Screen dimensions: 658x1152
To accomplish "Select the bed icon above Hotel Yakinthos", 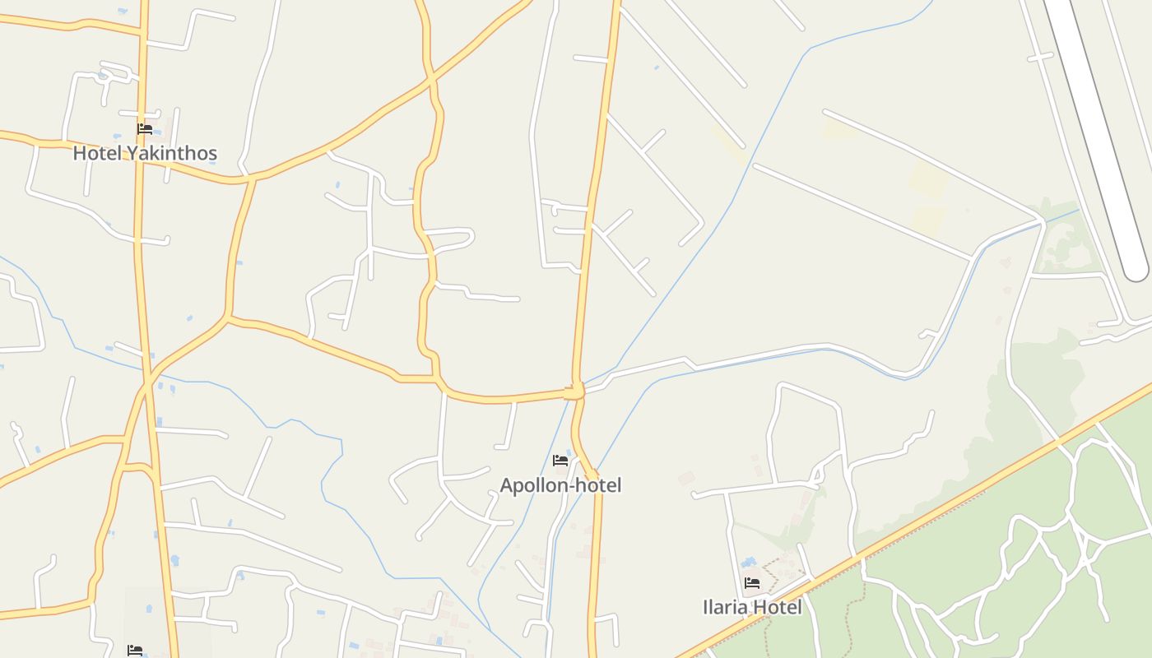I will click(x=145, y=129).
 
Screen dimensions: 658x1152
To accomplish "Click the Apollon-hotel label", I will click(x=560, y=485).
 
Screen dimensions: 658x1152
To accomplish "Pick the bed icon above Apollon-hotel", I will click(x=560, y=461).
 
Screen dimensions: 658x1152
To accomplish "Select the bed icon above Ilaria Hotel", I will click(x=752, y=583).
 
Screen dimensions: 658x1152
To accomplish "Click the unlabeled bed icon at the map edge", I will click(x=135, y=651).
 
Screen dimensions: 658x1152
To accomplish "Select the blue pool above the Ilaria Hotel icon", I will click(x=748, y=563).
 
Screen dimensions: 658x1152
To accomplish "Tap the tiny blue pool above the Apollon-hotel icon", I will click(x=569, y=452).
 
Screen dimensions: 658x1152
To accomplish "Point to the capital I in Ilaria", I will click(x=705, y=607).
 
